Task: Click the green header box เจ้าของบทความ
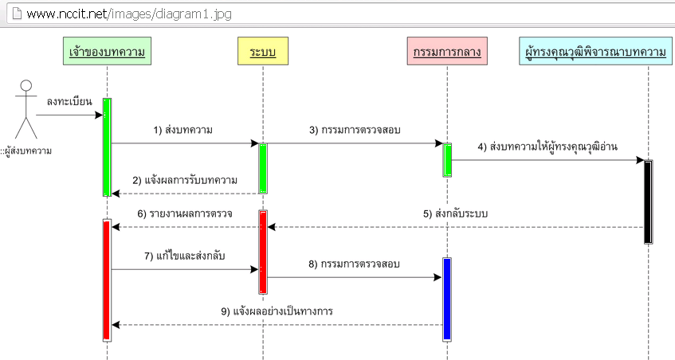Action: click(107, 52)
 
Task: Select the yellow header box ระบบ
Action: click(262, 52)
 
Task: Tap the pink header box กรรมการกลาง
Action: click(446, 52)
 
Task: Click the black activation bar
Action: click(648, 202)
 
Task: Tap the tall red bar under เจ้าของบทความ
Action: click(107, 279)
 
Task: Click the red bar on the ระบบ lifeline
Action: click(262, 252)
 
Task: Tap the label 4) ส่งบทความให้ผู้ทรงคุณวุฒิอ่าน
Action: click(547, 147)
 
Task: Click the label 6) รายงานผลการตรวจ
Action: click(185, 213)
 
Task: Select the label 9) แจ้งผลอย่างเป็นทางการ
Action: click(277, 311)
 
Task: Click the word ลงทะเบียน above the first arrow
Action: click(69, 101)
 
